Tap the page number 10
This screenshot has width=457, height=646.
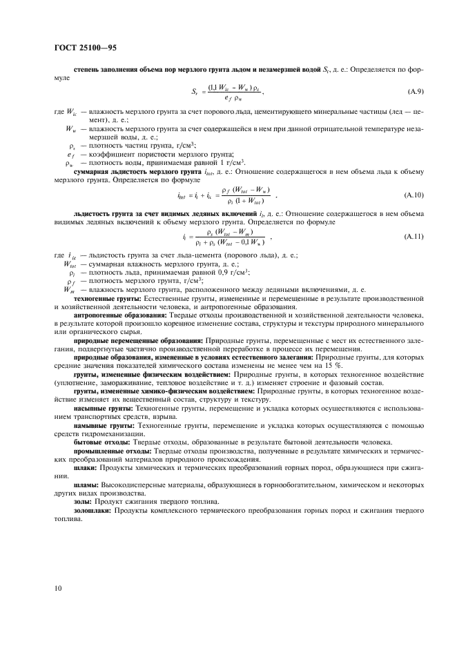tap(57, 588)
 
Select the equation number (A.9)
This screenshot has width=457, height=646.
tap(415, 91)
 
